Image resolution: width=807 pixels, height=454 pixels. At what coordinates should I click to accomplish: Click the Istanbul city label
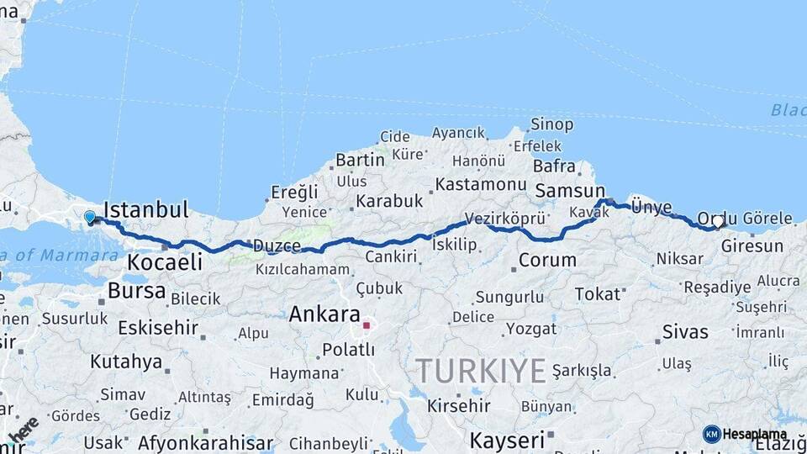coord(145,209)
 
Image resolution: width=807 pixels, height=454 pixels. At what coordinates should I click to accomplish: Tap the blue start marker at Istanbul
coord(90,218)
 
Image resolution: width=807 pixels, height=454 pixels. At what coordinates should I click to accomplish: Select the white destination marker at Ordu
coord(717,222)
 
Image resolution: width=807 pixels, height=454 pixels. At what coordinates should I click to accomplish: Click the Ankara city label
coord(324,315)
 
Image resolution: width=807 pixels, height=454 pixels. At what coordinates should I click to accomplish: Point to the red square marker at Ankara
coord(367,325)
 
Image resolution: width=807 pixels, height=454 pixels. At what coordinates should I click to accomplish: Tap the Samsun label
coord(570,191)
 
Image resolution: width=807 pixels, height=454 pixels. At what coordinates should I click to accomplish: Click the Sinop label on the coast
coord(552,124)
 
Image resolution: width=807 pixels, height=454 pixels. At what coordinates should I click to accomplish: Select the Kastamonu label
coord(481,183)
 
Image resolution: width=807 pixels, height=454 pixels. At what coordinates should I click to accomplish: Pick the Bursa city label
coord(136,291)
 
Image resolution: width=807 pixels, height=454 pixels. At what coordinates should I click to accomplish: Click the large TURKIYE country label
coord(481,371)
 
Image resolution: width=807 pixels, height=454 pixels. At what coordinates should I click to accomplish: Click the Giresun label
coord(752,246)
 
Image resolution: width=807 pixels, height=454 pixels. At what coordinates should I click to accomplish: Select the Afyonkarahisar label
coord(205,442)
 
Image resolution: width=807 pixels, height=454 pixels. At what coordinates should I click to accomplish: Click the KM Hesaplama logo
coord(745,434)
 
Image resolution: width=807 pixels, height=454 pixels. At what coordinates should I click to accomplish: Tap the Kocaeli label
coord(165,262)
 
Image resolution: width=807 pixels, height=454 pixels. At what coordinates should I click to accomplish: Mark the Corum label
coord(547,260)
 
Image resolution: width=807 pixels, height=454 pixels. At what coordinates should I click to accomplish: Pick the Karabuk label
coord(388,201)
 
